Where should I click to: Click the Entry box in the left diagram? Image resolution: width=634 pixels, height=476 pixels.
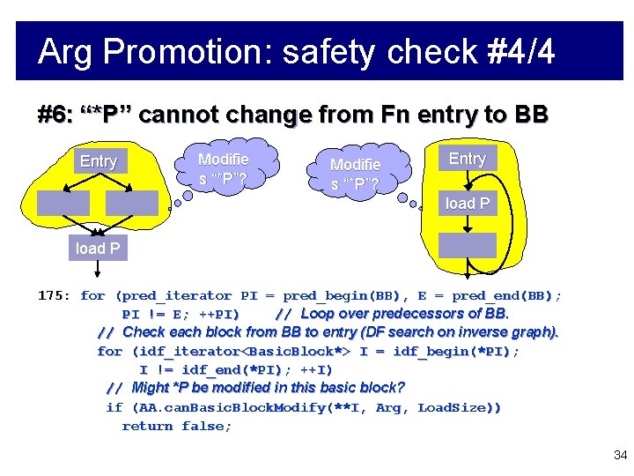point(98,161)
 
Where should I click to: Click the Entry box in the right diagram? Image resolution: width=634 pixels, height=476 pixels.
point(468,159)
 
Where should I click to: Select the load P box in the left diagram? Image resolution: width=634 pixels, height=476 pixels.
point(98,249)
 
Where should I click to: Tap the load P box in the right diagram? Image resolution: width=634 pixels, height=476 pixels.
point(468,204)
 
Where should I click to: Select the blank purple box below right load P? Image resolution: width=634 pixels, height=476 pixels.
point(468,244)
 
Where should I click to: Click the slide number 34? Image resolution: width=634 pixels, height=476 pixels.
point(620,455)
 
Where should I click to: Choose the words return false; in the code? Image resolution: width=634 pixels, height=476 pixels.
point(177,426)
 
